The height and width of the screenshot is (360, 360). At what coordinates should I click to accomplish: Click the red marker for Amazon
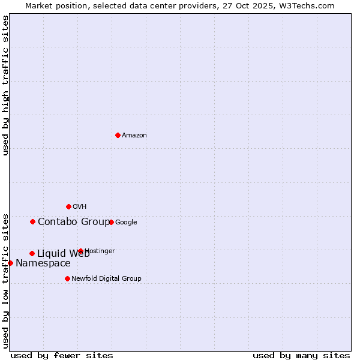(x=118, y=135)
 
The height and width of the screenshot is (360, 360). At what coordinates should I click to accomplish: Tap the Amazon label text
(x=134, y=136)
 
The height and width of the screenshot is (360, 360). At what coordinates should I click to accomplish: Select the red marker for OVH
(x=68, y=206)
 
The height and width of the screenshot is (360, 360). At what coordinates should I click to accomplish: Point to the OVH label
(x=80, y=207)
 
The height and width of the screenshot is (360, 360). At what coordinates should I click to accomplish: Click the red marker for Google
(x=111, y=222)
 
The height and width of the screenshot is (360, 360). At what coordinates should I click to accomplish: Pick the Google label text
(x=126, y=223)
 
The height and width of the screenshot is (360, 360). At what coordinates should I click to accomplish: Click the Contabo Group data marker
(x=32, y=221)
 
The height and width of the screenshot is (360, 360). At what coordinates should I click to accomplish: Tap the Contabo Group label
(x=73, y=222)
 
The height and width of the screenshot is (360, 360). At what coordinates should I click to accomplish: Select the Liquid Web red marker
(x=32, y=253)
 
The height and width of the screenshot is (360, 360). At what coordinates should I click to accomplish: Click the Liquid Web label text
(x=63, y=254)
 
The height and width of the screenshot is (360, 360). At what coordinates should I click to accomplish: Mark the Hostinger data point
(x=80, y=251)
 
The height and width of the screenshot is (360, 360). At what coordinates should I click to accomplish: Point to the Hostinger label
(x=100, y=251)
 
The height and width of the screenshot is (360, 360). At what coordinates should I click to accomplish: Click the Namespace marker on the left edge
(x=10, y=263)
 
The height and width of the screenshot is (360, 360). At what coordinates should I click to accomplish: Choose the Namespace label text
(x=43, y=263)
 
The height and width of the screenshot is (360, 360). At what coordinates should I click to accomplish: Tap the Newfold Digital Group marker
(x=67, y=278)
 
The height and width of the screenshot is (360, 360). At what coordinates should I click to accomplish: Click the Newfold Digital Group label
(x=106, y=278)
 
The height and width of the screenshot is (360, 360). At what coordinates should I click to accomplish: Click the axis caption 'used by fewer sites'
(x=62, y=355)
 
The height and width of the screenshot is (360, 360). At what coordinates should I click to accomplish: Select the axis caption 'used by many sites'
(x=301, y=355)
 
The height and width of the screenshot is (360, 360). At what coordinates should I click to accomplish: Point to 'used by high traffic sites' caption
(x=5, y=85)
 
